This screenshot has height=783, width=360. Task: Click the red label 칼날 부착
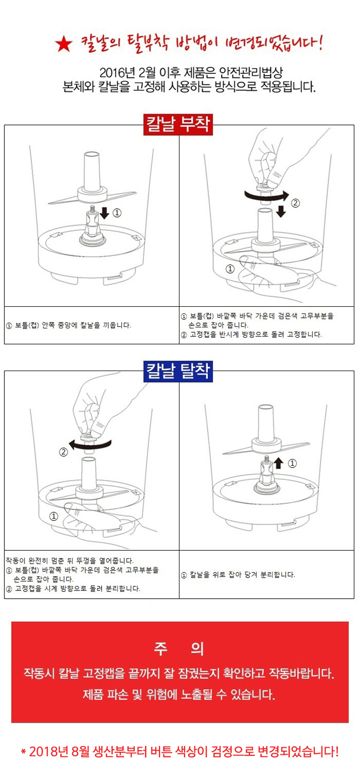point(178,124)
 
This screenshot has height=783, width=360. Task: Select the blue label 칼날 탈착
point(178,371)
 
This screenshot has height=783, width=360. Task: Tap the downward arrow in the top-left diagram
point(104,213)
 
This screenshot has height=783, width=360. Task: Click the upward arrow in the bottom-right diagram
point(278,463)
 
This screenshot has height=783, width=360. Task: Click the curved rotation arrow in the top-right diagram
point(266,195)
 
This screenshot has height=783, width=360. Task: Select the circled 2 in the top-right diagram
point(296,203)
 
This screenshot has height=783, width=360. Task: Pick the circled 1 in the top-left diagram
point(117,213)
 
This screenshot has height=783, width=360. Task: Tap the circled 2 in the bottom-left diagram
point(63,452)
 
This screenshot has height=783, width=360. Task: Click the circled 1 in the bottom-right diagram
point(292,463)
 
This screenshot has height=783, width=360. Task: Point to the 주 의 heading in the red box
point(179,649)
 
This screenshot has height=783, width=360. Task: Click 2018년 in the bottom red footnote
point(48,751)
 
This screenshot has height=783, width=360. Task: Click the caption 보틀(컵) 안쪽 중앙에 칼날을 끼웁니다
point(72,325)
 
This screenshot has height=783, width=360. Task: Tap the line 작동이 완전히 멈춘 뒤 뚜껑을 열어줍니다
point(70,561)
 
